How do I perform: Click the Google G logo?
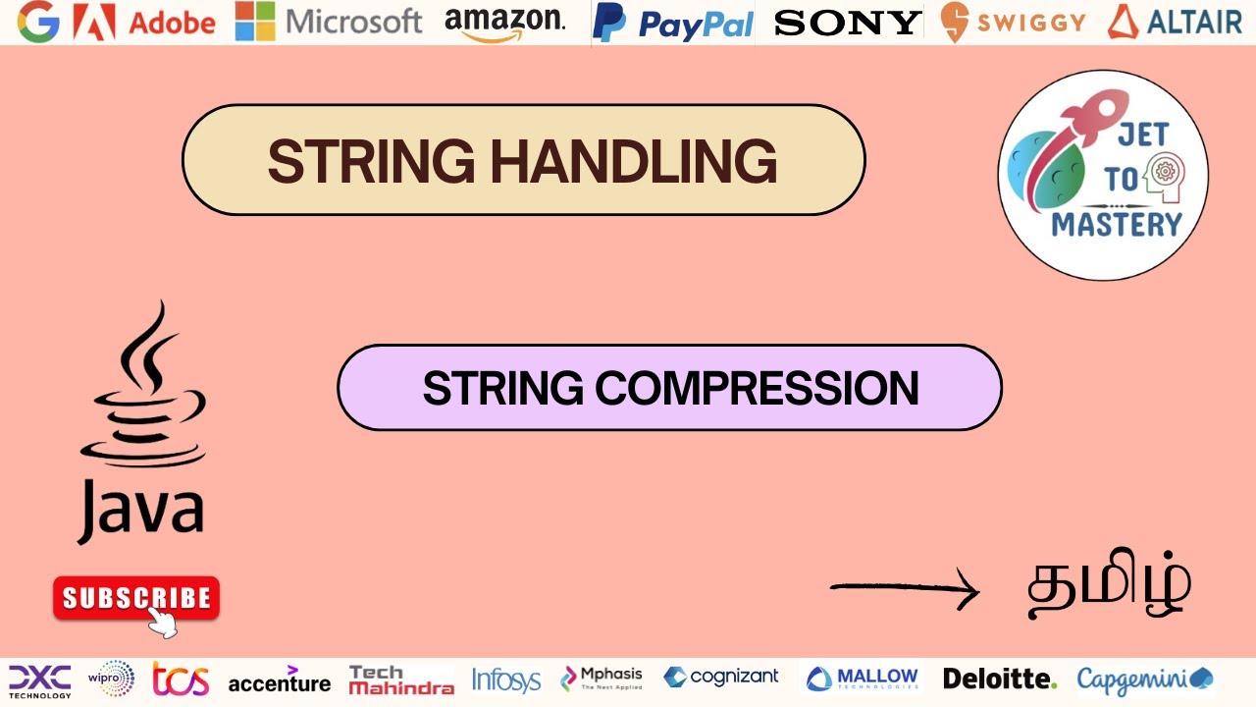38,22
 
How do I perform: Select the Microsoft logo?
329,22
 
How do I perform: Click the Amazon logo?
504,22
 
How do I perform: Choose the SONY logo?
848,23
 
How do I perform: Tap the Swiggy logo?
1013,23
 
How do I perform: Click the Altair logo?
1175,22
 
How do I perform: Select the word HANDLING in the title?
634,161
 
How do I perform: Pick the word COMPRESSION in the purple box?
757,388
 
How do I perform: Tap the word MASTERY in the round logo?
1117,225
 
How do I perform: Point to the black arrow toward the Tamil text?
904,589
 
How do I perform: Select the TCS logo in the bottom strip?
181,679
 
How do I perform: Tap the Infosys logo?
505,679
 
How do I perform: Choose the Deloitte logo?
999,679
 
